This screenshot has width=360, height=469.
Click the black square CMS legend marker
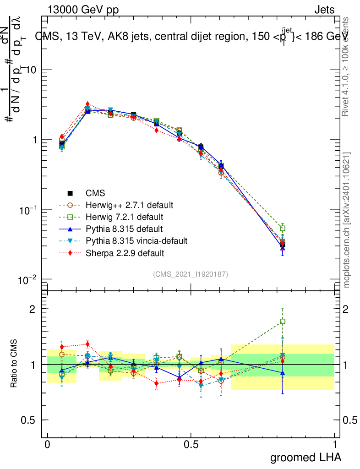tap(70, 193)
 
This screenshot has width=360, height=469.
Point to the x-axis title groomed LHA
tap(306, 457)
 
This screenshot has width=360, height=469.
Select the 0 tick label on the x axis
tap(48, 445)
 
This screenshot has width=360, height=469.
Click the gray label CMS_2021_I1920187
tap(191, 274)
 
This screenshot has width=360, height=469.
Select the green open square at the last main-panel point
tap(283, 228)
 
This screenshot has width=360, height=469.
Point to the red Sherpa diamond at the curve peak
tap(87, 104)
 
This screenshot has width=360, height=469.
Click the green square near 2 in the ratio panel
tap(283, 322)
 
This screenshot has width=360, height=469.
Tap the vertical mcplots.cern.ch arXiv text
tap(347, 220)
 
